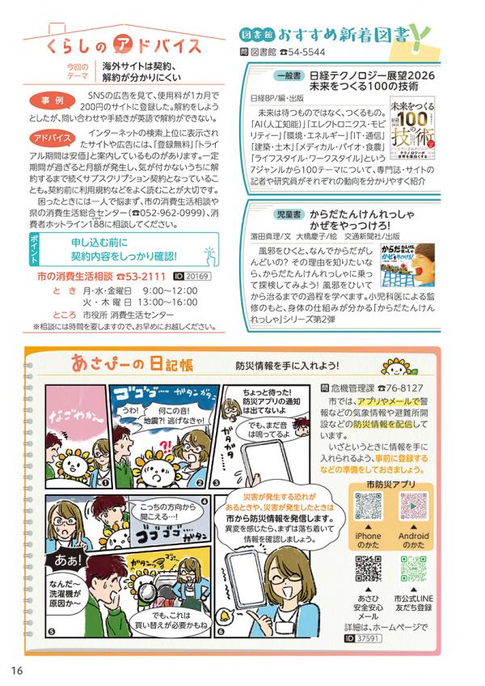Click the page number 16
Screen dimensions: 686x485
point(17,669)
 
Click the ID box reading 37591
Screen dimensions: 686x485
point(366,638)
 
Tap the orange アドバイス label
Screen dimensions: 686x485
point(54,138)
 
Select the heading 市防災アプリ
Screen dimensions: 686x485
point(390,483)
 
